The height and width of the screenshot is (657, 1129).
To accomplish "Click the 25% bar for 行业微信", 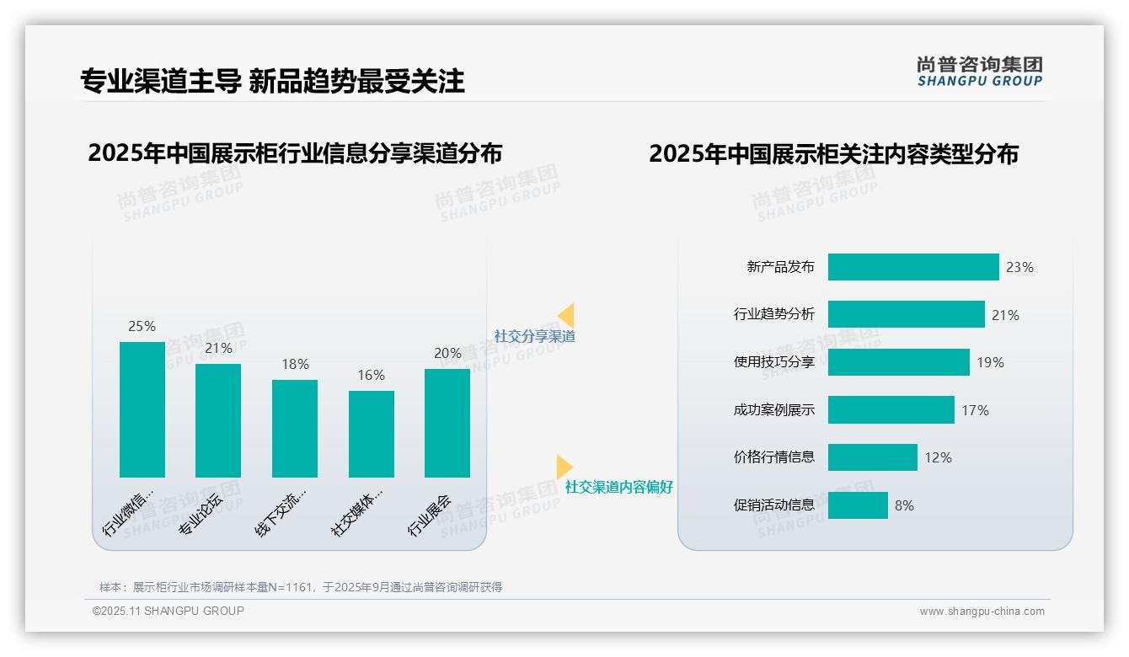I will coord(142,409).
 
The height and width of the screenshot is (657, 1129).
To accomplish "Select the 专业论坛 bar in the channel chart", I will coord(218,420).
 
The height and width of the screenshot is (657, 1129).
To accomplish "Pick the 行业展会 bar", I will coord(447,423).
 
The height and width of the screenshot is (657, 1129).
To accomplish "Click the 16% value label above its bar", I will coord(371,375).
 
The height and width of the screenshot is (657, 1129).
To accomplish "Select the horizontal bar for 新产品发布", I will coord(913,267).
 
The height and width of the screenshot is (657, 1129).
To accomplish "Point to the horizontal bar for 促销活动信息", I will coord(858,505).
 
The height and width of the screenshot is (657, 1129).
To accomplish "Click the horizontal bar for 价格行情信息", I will coord(872,457).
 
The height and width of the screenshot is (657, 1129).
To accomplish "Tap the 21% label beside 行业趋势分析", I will coord(1005,315).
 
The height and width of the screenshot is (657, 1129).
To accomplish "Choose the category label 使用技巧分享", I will coord(774,362).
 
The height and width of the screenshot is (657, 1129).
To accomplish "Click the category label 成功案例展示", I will coord(774,410).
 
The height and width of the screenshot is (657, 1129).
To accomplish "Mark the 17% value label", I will coord(975,410).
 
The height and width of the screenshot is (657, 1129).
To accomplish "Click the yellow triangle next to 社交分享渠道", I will coord(566,316).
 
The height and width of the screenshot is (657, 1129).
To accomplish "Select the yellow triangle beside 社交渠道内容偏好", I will coord(564,467).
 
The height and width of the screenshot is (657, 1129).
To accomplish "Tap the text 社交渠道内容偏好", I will coord(619,487).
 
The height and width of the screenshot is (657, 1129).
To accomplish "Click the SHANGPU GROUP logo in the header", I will coord(980,72).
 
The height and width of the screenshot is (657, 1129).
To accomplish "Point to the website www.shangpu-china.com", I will coord(982,612).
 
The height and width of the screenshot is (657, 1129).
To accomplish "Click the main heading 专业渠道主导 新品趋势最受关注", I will coord(272,81).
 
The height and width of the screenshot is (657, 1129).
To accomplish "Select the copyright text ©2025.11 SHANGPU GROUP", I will coord(169,611).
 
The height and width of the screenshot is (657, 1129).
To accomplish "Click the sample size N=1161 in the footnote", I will coord(291,587).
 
